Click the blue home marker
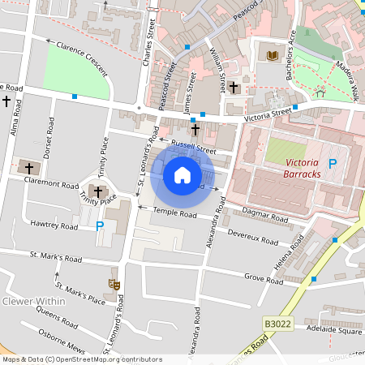click(182, 174)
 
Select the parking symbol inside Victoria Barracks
click(332, 164)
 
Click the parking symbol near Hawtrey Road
click(100, 226)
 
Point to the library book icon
click(272, 55)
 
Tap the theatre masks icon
click(114, 284)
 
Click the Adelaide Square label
click(334, 331)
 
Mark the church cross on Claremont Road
click(30, 169)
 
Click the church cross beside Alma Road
click(7, 101)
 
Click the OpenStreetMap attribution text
click(71, 359)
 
